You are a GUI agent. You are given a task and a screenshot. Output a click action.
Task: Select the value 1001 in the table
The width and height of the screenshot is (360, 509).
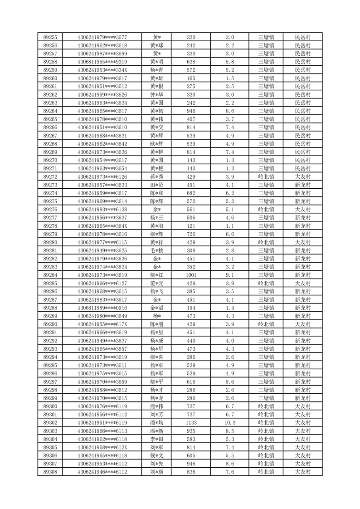pos(191,275)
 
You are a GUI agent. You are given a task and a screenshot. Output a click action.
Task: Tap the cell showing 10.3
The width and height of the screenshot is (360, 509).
pos(230,422)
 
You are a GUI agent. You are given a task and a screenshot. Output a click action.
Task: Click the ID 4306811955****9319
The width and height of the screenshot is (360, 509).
pos(102,62)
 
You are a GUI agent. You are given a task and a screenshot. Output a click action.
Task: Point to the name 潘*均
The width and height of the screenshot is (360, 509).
pos(157,422)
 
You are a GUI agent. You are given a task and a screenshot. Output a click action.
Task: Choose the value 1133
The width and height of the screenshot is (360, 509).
pos(191,422)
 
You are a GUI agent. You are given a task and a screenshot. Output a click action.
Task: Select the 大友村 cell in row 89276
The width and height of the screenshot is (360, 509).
pos(302,209)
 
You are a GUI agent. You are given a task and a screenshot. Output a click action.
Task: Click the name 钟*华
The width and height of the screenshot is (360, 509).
pos(157,94)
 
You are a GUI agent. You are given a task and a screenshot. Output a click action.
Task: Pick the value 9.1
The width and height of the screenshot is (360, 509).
pos(230,275)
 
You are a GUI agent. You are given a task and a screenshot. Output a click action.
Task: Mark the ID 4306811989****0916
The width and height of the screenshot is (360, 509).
pos(102,308)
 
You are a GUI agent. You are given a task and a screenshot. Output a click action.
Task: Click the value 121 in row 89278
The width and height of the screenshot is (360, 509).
pos(191,226)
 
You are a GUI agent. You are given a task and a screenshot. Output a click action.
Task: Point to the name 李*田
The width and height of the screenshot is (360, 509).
pos(157,439)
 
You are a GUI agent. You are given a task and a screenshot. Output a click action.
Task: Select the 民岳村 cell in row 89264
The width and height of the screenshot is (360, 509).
pos(302,111)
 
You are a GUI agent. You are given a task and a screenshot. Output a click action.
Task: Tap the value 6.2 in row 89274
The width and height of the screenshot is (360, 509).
pos(230,193)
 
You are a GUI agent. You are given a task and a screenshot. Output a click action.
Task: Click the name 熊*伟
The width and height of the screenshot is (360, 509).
pos(157,406)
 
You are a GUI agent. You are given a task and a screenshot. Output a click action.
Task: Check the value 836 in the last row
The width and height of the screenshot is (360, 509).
pos(191,472)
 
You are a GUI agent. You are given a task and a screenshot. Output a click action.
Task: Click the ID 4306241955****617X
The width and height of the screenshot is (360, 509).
pos(102,324)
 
